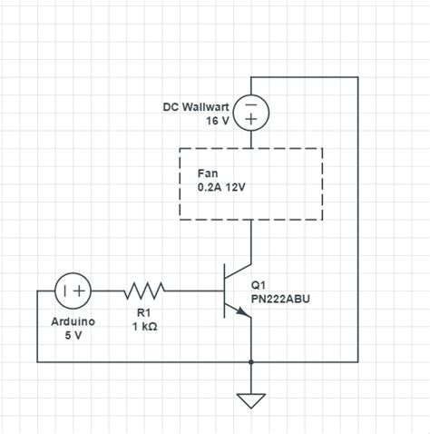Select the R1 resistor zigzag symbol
click(x=144, y=291)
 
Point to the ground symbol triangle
click(x=251, y=400)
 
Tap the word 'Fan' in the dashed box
click(x=208, y=173)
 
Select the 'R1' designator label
click(x=144, y=315)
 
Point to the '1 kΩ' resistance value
click(x=144, y=329)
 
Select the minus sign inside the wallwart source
click(x=251, y=104)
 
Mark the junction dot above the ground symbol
click(x=251, y=361)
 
